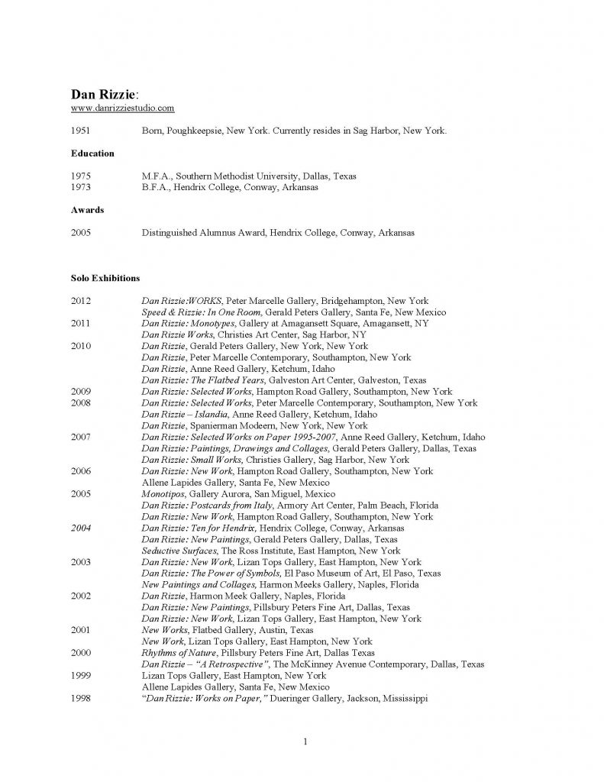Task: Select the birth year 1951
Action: [x=81, y=131]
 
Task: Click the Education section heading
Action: [x=92, y=153]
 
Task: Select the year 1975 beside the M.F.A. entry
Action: [x=81, y=176]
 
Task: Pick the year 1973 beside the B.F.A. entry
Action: [x=81, y=187]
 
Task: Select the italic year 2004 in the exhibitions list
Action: [x=81, y=528]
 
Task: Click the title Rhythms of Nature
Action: [x=179, y=653]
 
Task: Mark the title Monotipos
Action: [x=162, y=494]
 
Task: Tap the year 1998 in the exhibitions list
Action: [x=81, y=698]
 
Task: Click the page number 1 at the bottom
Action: [x=304, y=742]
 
